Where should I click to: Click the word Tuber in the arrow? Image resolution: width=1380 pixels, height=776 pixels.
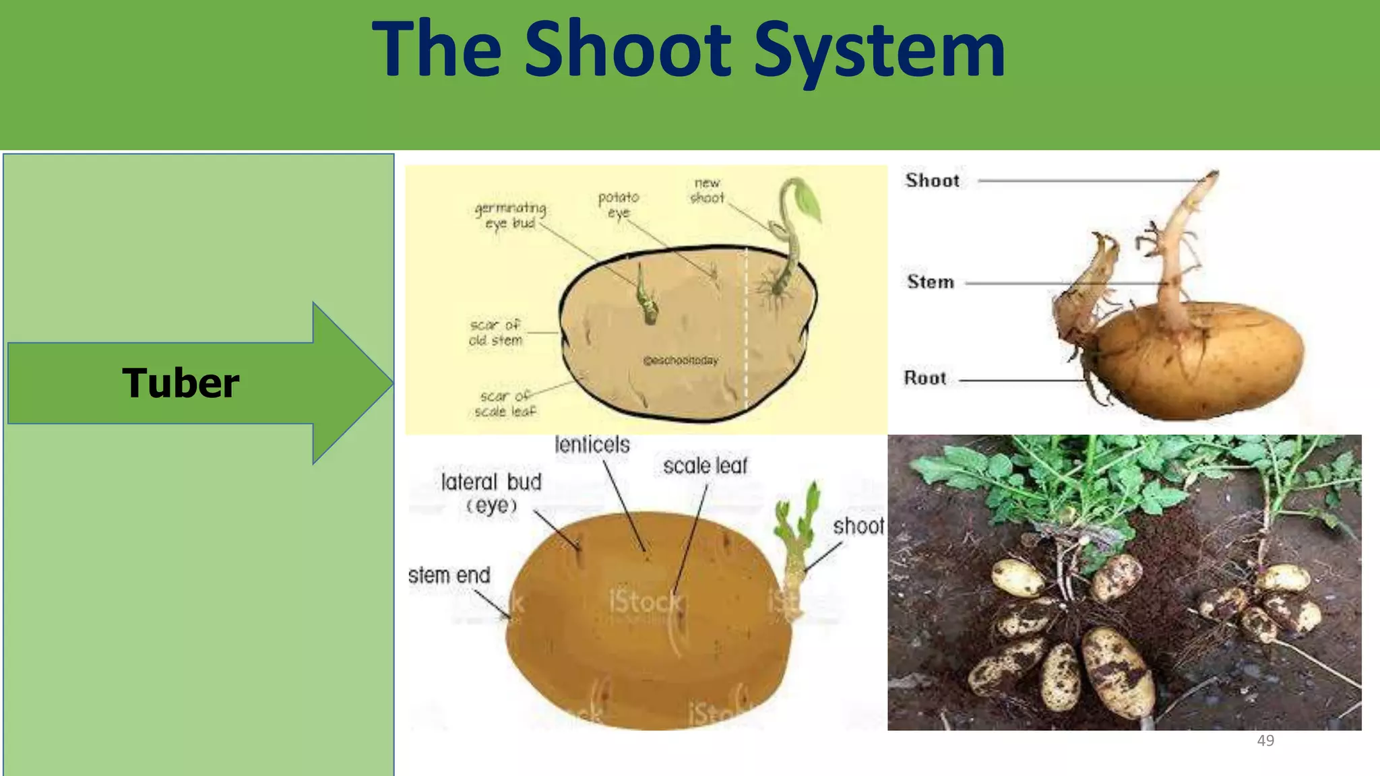[x=181, y=383]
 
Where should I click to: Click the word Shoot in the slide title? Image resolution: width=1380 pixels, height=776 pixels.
[x=627, y=50]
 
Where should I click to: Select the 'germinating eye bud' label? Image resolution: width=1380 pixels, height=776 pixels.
[x=510, y=216]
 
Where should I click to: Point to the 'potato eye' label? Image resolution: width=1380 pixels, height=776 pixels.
[x=619, y=205]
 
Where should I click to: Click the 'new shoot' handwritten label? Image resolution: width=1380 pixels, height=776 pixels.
[x=707, y=191]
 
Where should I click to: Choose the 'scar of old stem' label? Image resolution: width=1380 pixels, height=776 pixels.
[x=496, y=333]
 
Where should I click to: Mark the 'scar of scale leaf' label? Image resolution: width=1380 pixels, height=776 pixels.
[x=505, y=404]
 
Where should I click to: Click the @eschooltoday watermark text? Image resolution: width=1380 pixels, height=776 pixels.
[x=681, y=360]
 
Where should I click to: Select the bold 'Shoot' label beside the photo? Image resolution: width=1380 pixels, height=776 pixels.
[x=933, y=181]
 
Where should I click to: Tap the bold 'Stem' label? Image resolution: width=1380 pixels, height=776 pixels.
[x=931, y=282]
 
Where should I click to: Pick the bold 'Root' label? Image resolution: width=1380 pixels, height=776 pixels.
[x=925, y=378]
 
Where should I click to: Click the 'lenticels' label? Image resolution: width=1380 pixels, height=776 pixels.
[x=592, y=445]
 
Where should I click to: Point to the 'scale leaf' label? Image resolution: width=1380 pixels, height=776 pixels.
[x=705, y=466]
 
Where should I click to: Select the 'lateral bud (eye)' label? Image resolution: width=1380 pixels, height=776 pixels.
[x=491, y=493]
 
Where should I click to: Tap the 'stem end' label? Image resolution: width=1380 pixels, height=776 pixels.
[x=449, y=576]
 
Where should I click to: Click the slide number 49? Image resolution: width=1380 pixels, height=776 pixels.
[x=1265, y=741]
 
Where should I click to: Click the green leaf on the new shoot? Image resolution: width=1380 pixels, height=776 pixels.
[x=808, y=200]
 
